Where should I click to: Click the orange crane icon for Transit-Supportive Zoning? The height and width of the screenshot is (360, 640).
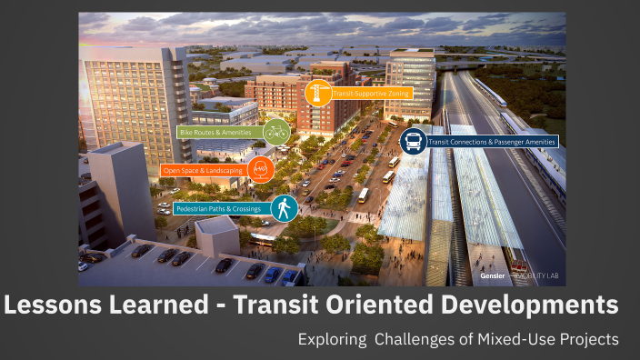317,93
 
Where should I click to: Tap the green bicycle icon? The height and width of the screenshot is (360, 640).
276,133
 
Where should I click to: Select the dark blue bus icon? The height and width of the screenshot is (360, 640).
413,142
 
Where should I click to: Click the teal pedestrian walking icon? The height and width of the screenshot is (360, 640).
285,209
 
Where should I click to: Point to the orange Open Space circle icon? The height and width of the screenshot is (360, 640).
261,169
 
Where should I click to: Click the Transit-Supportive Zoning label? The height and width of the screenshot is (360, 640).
373,94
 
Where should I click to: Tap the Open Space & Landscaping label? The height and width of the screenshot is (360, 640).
203,170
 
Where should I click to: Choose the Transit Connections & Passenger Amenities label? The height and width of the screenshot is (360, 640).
492,142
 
